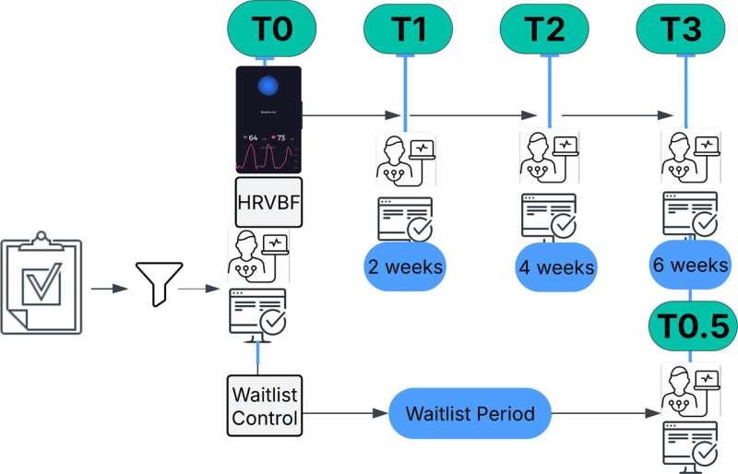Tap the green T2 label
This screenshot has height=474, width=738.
point(544,30)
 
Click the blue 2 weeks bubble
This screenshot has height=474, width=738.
point(405,267)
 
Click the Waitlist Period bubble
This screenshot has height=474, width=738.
point(470,414)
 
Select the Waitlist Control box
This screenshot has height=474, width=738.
point(265,406)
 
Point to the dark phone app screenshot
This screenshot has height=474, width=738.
point(268,121)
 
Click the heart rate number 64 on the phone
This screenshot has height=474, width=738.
point(252,137)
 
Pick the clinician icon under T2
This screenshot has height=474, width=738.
point(549,157)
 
